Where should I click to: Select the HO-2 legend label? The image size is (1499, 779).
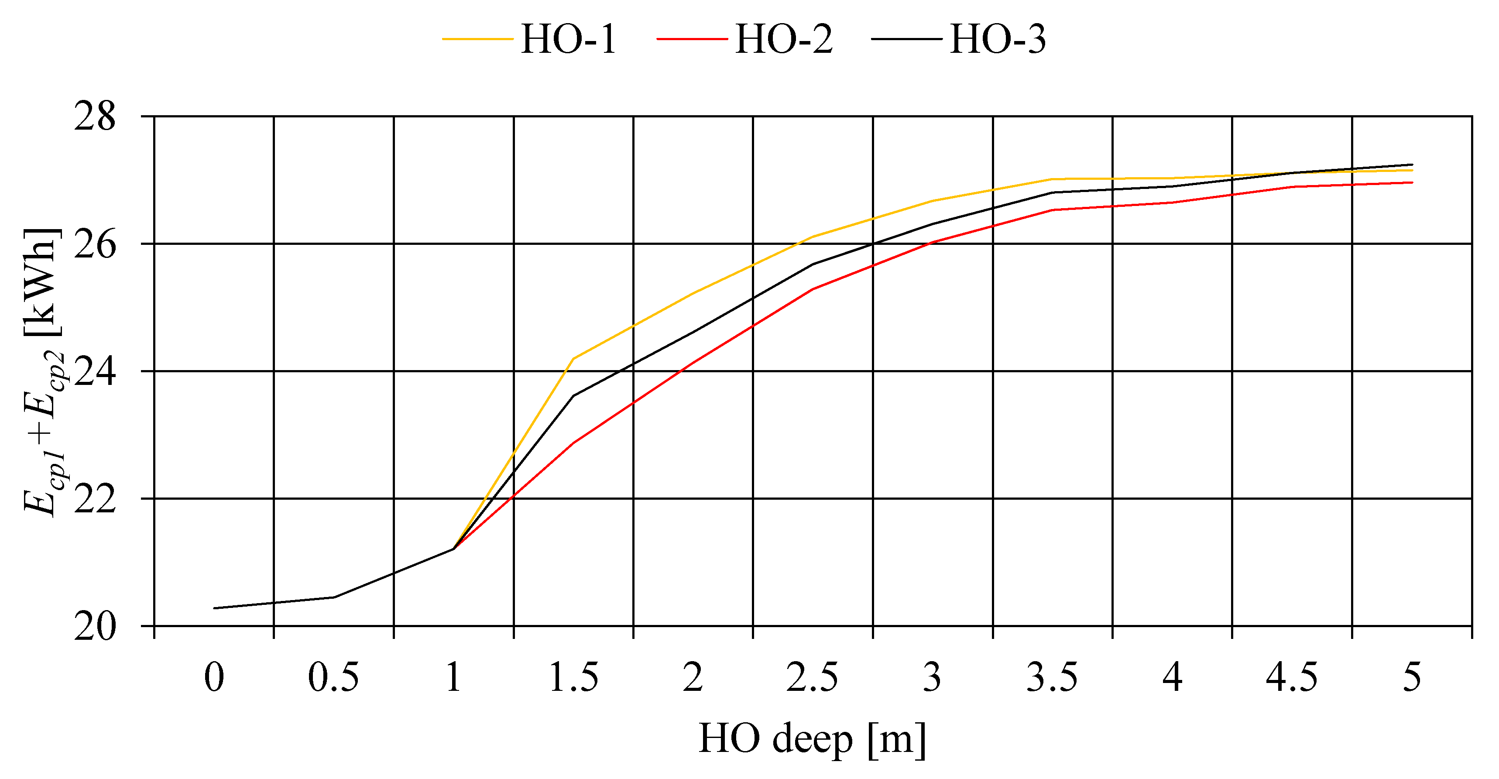pyautogui.click(x=783, y=40)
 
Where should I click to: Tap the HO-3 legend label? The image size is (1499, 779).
pyautogui.click(x=998, y=40)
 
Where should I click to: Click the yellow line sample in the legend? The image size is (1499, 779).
pyautogui.click(x=477, y=40)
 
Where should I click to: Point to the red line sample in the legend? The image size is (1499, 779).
pyautogui.click(x=692, y=40)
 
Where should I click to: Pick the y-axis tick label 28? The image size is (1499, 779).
pyautogui.click(x=95, y=117)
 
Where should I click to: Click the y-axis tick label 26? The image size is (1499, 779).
pyautogui.click(x=95, y=244)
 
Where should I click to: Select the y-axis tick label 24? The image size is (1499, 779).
pyautogui.click(x=95, y=371)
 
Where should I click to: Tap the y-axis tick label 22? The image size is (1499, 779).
pyautogui.click(x=95, y=498)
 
